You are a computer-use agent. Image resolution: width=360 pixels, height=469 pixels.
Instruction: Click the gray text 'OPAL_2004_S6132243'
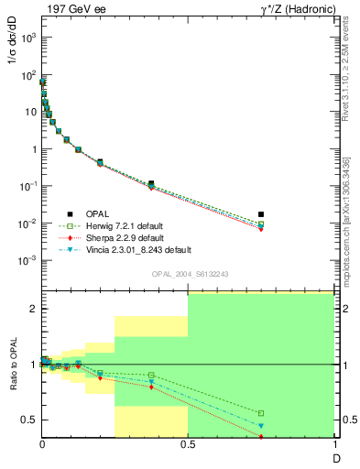(190, 275)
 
